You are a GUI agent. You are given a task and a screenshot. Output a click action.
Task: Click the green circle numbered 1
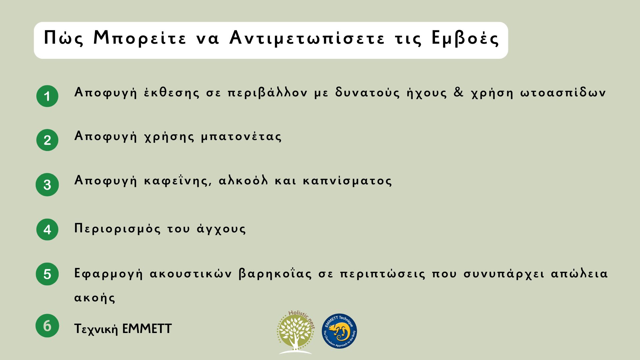point(47,96)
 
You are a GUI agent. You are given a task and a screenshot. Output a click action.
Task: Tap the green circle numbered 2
point(47,140)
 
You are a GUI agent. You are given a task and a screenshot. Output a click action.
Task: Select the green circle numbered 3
point(47,185)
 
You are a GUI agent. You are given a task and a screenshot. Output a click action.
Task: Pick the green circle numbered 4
point(47,229)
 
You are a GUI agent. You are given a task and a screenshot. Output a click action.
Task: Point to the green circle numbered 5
point(47,274)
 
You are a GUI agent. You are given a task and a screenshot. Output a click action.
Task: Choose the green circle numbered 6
point(47,326)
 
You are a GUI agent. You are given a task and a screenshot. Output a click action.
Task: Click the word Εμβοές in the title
point(465,38)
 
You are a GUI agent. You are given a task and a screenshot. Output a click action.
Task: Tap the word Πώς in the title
point(63,38)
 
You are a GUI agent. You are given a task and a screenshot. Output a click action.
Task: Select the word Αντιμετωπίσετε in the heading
point(307,38)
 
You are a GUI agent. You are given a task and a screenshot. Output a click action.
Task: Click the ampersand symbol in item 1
point(459,92)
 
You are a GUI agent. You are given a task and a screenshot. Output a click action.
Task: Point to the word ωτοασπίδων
point(563,92)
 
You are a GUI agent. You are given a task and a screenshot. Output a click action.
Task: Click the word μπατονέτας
point(241,137)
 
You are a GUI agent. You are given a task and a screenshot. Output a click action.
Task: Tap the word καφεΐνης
point(178,181)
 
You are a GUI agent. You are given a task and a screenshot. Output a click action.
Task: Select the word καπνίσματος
point(347,181)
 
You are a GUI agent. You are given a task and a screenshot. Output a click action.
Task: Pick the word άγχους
point(221,229)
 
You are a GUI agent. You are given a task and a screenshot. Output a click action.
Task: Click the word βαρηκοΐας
point(275,274)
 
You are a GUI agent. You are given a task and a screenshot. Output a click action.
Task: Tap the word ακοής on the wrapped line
point(95,298)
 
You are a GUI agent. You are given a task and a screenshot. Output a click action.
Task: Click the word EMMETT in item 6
point(147,329)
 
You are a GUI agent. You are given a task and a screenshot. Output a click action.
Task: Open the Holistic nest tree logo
point(296,332)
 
